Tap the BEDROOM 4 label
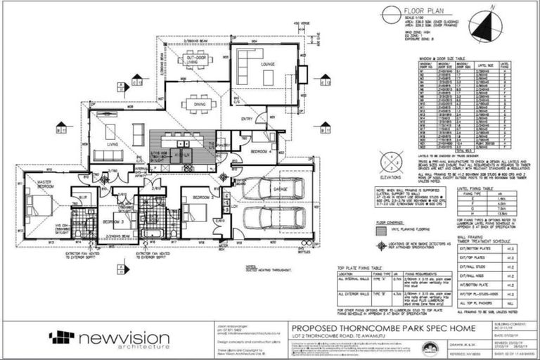click(x=259, y=150)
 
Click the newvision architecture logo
click(x=109, y=339)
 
